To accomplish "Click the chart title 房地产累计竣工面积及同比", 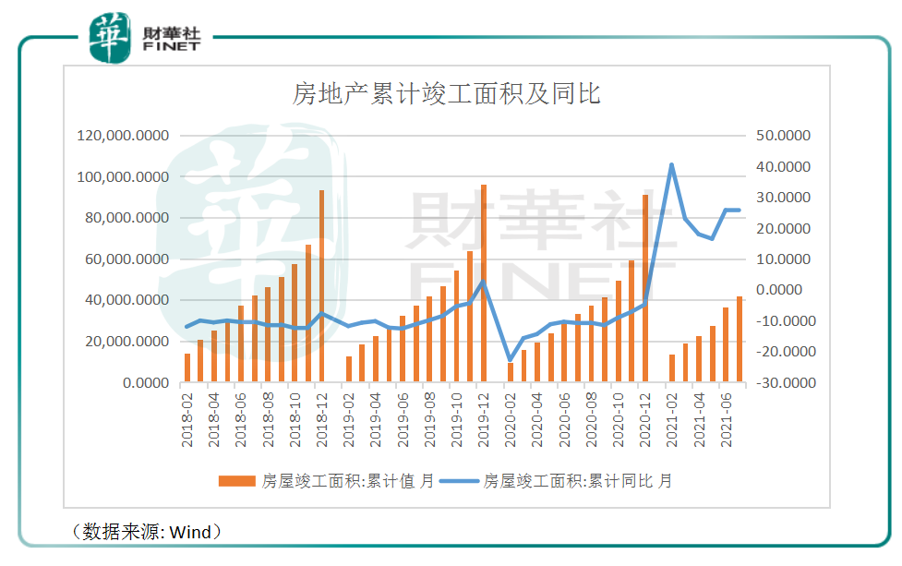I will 446,94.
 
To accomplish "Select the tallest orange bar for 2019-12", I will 483,283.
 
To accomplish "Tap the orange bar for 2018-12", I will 321,286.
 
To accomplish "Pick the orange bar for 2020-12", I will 644,288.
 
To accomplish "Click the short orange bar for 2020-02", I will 510,372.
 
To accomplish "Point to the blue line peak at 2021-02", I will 671,164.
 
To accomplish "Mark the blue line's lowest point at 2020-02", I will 510,360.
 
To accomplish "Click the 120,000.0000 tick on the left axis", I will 126,136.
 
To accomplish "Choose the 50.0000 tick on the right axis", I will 782,136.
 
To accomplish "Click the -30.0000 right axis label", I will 780,382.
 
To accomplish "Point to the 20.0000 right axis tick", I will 782,228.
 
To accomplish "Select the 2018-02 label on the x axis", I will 187,420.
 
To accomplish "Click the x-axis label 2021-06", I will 726,420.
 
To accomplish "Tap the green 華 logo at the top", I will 109,39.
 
